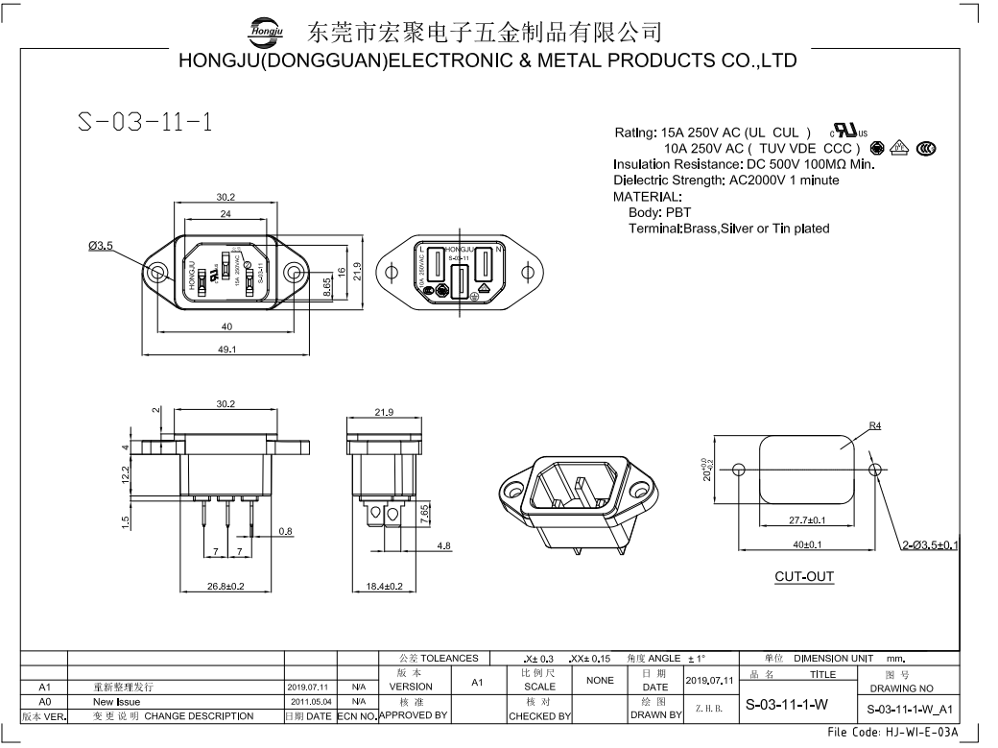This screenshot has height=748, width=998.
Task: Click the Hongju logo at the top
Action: point(265,31)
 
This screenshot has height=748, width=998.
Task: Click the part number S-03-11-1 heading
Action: point(145,124)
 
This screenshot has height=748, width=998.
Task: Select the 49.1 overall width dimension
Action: point(226,350)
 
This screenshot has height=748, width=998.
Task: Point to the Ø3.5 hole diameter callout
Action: point(101,246)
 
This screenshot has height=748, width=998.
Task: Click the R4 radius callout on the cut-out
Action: point(874,425)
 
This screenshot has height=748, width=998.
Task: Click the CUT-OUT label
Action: point(804,577)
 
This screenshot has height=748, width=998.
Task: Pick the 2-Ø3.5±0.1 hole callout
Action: point(930,545)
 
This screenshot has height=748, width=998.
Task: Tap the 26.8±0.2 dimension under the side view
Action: point(226,586)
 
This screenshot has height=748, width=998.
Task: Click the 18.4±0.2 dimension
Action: point(385,586)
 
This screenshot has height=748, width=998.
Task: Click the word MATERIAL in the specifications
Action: point(647,196)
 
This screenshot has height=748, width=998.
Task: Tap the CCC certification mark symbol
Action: point(926,148)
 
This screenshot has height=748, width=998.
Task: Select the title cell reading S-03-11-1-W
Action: point(787,705)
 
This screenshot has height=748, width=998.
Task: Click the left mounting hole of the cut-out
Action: point(738,470)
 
